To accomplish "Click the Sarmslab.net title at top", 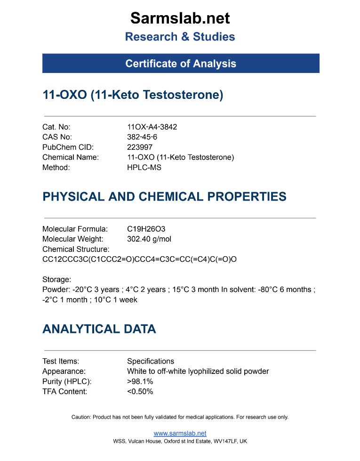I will click(x=180, y=18).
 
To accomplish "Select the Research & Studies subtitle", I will click(x=180, y=37).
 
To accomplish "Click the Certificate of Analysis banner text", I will click(x=180, y=64).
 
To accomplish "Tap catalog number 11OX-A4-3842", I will click(x=152, y=127).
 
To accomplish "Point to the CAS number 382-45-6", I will click(x=142, y=137).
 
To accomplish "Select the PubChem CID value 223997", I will click(x=140, y=147).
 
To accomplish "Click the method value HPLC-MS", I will click(x=144, y=167).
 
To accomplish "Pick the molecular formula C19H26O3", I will click(x=146, y=229).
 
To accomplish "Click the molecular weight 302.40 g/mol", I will click(x=149, y=239).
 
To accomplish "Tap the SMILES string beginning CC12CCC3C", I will click(x=139, y=259).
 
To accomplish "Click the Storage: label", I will click(x=56, y=279).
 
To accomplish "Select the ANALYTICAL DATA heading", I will click(x=99, y=329).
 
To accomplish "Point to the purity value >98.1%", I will click(x=140, y=381).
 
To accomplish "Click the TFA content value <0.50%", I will click(x=140, y=391).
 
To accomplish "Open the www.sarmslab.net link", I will click(x=180, y=433).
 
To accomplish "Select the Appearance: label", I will click(x=64, y=371).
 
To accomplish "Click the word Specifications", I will click(x=151, y=361).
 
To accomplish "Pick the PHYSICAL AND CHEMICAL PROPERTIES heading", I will click(x=164, y=196).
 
